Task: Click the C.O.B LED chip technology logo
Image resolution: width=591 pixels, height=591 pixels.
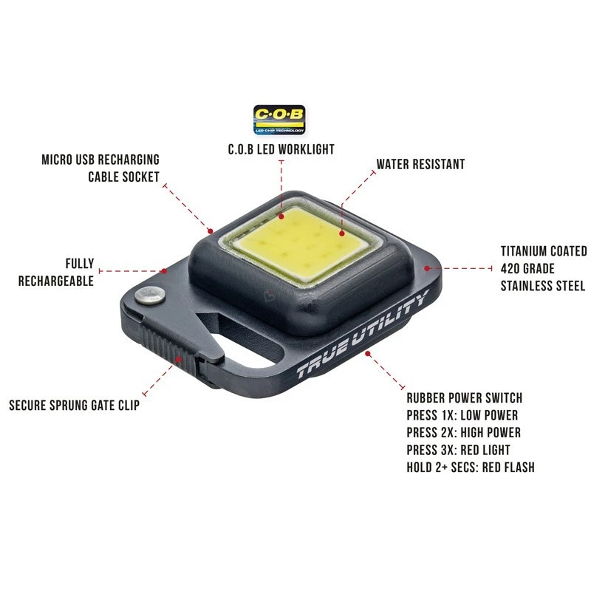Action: [280, 119]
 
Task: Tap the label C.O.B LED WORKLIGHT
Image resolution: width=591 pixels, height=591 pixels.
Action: [281, 149]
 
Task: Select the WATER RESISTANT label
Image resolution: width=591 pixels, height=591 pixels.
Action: [420, 164]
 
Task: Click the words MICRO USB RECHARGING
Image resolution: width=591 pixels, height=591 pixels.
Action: [100, 160]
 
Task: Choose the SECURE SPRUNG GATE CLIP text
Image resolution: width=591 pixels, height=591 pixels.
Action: [74, 405]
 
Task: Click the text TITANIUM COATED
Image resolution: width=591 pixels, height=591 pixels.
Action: [543, 251]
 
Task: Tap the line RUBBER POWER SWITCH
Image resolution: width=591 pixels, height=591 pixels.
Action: [464, 398]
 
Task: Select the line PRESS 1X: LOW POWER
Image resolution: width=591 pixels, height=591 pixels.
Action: [462, 415]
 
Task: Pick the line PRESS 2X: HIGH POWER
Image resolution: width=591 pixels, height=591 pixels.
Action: [463, 432]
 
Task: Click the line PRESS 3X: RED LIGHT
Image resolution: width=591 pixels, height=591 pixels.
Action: [458, 449]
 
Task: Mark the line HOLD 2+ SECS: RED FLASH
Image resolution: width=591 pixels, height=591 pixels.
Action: [470, 467]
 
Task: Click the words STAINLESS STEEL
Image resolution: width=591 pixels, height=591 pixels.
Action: [543, 286]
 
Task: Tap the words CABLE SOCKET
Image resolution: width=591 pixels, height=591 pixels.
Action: [123, 177]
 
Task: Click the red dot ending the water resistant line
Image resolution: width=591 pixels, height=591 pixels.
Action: [341, 233]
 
